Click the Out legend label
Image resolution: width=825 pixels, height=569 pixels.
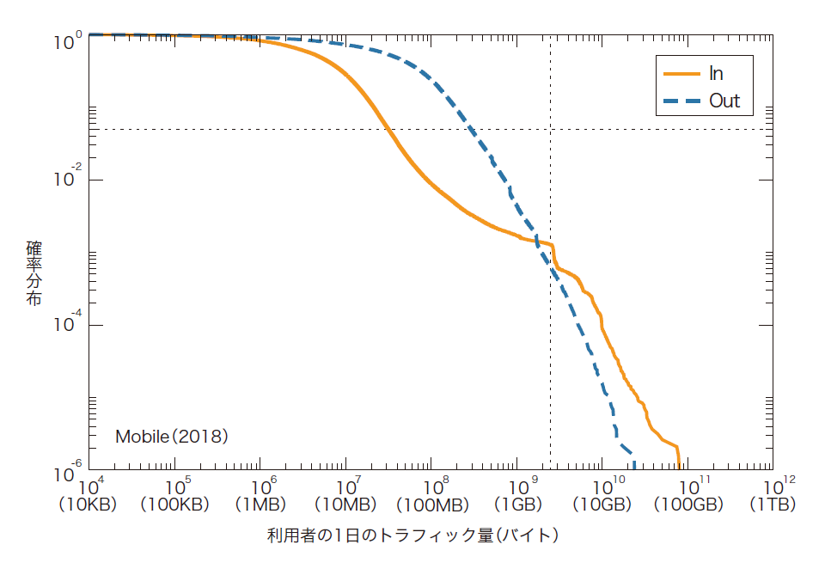click(724, 101)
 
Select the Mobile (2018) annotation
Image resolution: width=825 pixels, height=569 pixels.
click(171, 437)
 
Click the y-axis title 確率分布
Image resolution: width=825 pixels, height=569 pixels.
click(34, 273)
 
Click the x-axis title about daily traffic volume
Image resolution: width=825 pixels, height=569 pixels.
click(413, 535)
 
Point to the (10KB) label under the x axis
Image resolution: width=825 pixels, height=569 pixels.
click(88, 505)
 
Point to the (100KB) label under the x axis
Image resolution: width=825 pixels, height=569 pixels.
click(174, 505)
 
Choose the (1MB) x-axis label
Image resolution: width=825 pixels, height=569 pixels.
click(260, 505)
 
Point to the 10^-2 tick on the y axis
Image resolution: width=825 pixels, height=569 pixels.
click(68, 180)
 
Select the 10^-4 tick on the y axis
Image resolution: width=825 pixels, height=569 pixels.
click(68, 325)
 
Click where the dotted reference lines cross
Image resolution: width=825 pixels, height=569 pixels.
click(550, 130)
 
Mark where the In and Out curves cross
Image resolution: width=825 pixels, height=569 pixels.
click(535, 242)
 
